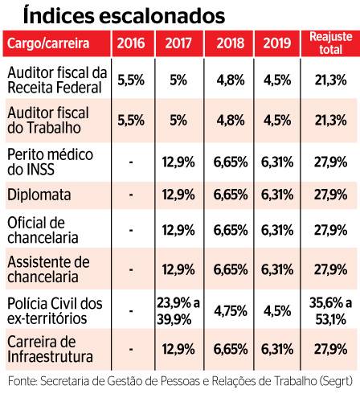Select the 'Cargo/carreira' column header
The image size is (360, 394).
[48, 43]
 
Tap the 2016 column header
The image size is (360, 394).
[131, 43]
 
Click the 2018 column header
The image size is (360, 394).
[231, 43]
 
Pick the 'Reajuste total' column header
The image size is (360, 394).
[331, 43]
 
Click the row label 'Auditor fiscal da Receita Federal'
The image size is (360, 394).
[57, 80]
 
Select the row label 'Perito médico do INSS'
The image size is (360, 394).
[51, 162]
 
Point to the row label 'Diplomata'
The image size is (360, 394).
[39, 195]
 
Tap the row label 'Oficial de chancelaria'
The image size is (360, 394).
[43, 230]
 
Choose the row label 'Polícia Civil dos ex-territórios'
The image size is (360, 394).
[55, 311]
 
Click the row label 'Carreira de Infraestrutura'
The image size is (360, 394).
[50, 349]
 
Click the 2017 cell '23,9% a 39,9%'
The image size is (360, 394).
[178, 311]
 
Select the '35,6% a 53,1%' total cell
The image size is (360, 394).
[331, 311]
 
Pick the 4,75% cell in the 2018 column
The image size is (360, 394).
[231, 311]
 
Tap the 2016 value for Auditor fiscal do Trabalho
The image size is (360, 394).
[131, 121]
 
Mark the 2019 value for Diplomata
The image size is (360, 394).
[277, 195]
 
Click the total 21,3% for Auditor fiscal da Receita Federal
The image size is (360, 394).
[331, 80]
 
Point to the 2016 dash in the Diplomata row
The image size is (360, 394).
[131, 195]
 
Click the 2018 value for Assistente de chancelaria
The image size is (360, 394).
[231, 269]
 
